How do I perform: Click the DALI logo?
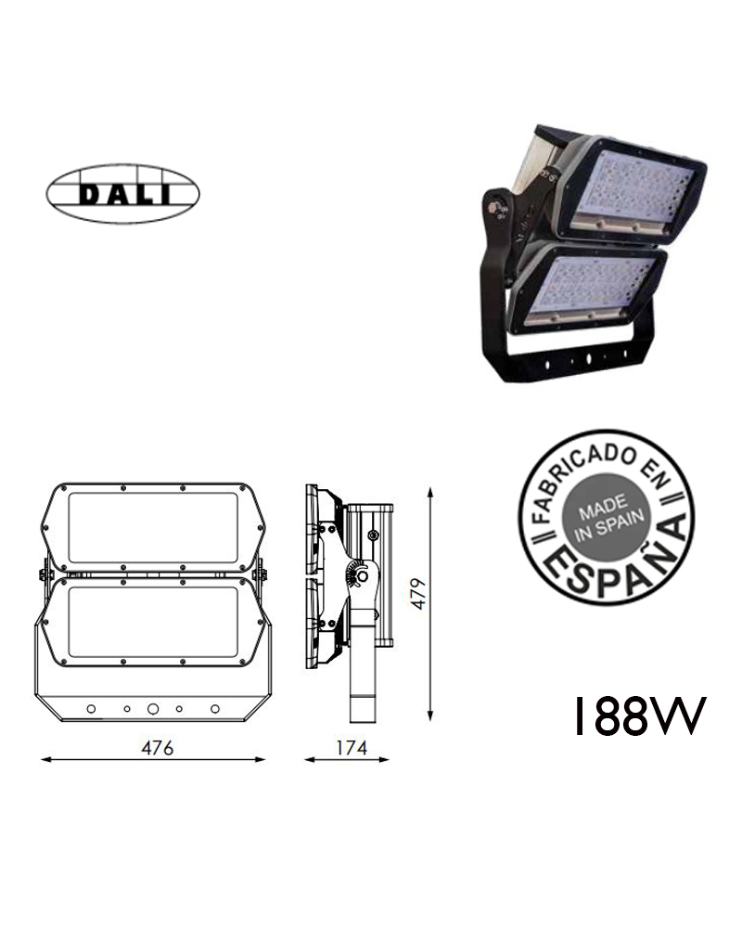click(123, 195)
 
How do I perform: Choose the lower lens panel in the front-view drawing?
click(150, 624)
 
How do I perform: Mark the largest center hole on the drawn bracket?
click(153, 708)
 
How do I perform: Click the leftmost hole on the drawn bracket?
click(91, 709)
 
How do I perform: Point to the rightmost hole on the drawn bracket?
click(215, 709)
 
